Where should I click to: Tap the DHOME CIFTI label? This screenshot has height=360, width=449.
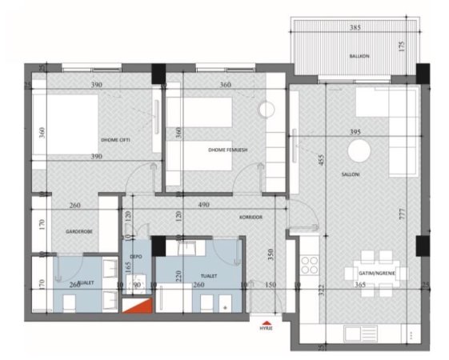click(116, 138)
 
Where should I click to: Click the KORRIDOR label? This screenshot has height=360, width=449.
click(251, 217)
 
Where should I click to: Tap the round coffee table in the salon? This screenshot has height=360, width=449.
click(360, 151)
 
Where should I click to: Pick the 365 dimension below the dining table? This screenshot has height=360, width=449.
click(360, 285)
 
